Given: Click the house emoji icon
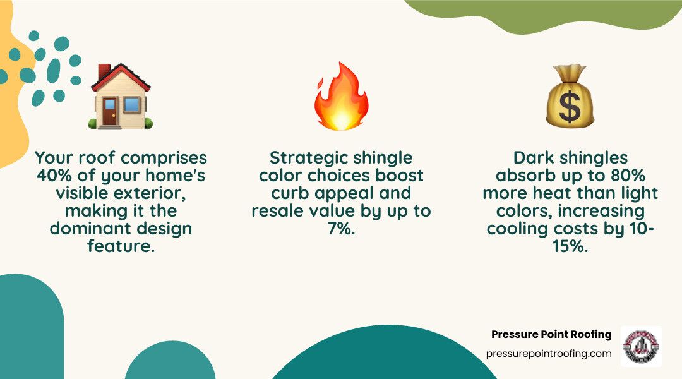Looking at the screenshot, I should coord(121,96).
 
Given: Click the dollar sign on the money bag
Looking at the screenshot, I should coord(570,108).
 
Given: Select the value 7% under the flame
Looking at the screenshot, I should coord(341,229).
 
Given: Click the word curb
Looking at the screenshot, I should coord(292,192).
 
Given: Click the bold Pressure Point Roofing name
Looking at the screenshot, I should coord(551,334).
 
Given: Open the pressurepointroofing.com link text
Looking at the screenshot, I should coord(549,354).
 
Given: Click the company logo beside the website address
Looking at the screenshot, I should coord(641,346).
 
